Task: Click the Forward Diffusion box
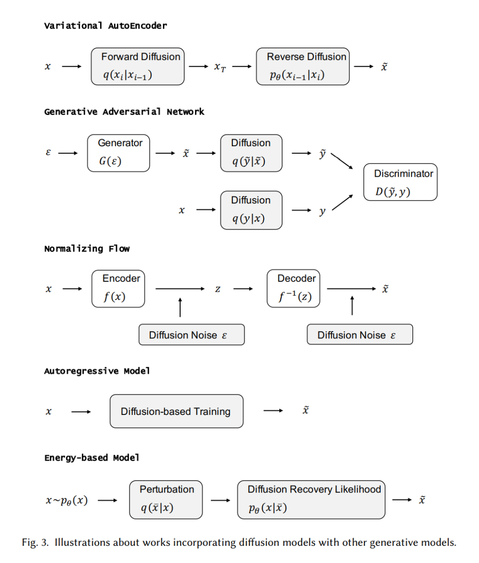tap(137, 66)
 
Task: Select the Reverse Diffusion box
tap(303, 66)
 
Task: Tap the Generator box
tap(119, 153)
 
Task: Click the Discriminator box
tap(400, 182)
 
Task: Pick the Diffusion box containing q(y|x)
tap(251, 210)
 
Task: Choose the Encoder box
tap(118, 288)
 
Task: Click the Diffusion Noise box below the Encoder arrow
tap(191, 334)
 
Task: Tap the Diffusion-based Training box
tap(176, 411)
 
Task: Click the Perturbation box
tap(166, 499)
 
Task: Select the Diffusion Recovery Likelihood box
tap(311, 499)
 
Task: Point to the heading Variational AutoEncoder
tap(105, 26)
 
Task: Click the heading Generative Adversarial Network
tap(124, 112)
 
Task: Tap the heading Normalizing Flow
tap(87, 249)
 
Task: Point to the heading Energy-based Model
tap(92, 458)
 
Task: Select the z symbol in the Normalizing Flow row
tap(217, 289)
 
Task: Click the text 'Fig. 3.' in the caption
tap(36, 543)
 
